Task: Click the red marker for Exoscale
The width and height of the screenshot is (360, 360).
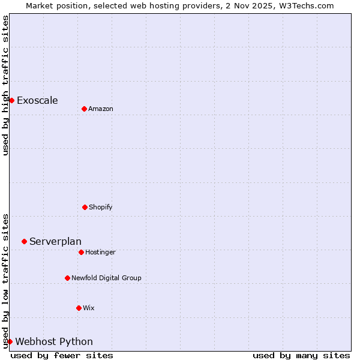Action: [x=11, y=100]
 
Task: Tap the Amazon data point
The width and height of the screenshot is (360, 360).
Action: [x=84, y=109]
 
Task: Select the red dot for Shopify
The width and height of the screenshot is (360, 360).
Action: [x=85, y=207]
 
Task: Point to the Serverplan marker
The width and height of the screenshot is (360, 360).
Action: [x=24, y=241]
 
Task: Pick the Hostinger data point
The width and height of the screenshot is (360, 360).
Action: [x=81, y=252]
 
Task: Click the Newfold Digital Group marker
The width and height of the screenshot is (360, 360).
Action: [x=67, y=278]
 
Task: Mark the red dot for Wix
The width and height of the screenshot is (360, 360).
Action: [x=79, y=308]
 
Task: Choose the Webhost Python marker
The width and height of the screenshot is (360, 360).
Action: [x=10, y=341]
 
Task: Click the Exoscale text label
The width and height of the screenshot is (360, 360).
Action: [x=37, y=100]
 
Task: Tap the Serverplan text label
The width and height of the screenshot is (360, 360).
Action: [x=55, y=241]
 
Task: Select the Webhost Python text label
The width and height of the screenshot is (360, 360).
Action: [x=54, y=341]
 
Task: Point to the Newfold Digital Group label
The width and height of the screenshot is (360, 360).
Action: [x=106, y=278]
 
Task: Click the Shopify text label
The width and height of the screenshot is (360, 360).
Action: [x=100, y=207]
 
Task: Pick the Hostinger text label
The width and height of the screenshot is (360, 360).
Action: [x=100, y=252]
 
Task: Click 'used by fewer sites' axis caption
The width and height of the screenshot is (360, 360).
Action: [x=62, y=355]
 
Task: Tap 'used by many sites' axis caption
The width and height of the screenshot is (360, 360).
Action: [x=301, y=355]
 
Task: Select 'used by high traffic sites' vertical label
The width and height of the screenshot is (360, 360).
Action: [x=5, y=85]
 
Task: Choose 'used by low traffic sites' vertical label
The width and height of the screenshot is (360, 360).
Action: [x=5, y=281]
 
